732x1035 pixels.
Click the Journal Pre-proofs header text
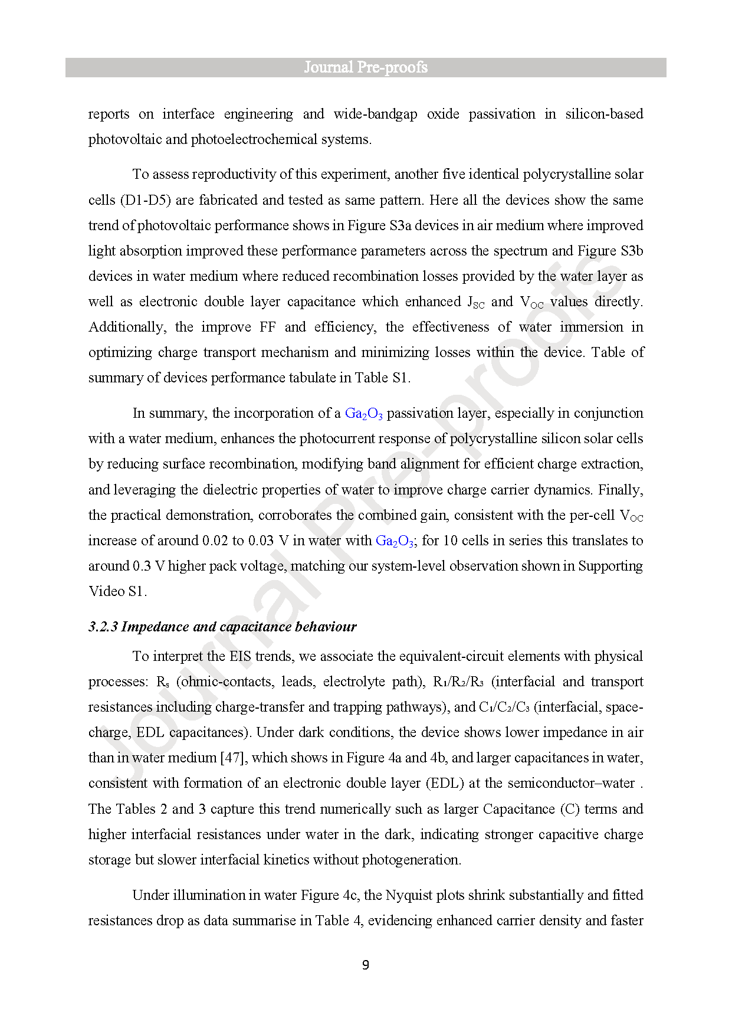pyautogui.click(x=366, y=67)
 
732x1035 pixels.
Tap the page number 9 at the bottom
pyautogui.click(x=366, y=965)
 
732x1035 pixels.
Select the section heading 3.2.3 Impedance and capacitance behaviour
pyautogui.click(x=222, y=627)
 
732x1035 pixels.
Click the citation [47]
pyautogui.click(x=232, y=758)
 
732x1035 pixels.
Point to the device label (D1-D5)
pyautogui.click(x=146, y=200)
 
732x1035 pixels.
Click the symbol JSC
pyautogui.click(x=475, y=302)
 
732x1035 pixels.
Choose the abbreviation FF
pyautogui.click(x=267, y=327)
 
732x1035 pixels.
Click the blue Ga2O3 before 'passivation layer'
pyautogui.click(x=363, y=414)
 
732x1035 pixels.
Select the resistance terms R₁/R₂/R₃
pyautogui.click(x=458, y=682)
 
